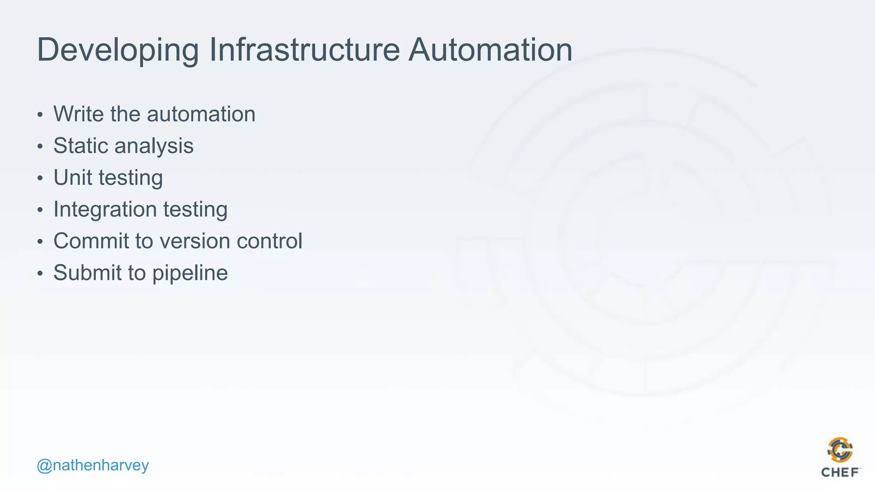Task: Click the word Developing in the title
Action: [x=118, y=50]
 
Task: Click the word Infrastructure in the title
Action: [x=304, y=50]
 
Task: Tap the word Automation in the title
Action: [x=490, y=50]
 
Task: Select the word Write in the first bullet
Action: [x=79, y=114]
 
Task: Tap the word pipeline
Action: [x=190, y=273]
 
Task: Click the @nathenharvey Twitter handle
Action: [x=93, y=465]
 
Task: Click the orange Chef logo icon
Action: [x=840, y=450]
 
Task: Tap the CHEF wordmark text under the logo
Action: [x=840, y=472]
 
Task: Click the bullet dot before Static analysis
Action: [x=40, y=146]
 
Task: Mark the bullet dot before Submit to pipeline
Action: [x=40, y=273]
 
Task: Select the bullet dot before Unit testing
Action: [x=40, y=178]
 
